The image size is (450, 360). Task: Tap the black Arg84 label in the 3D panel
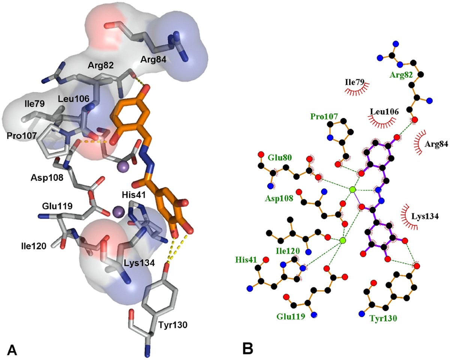click(154, 59)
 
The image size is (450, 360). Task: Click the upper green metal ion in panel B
click(352, 190)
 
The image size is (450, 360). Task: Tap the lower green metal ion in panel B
click(342, 240)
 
